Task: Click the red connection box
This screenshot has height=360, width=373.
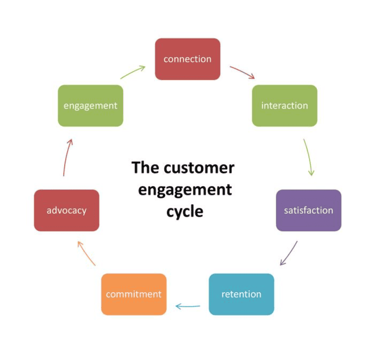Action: (x=187, y=59)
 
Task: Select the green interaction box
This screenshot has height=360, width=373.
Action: (x=284, y=105)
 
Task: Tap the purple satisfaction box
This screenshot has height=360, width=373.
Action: (x=309, y=210)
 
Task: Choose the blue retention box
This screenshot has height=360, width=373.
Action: (x=241, y=294)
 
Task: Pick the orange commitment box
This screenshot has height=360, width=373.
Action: (x=134, y=294)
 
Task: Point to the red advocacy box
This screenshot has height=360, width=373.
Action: (x=66, y=210)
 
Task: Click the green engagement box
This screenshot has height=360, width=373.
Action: (x=90, y=105)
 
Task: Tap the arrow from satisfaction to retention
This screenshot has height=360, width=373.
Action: (x=288, y=254)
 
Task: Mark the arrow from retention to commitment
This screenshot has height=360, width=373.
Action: (x=188, y=306)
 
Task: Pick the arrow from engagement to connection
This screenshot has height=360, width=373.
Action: (x=133, y=72)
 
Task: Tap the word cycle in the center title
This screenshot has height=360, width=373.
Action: (x=185, y=211)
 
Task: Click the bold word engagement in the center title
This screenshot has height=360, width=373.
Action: (x=185, y=189)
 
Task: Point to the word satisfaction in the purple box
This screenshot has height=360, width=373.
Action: (x=309, y=210)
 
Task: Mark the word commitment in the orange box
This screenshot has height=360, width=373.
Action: (x=134, y=294)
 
